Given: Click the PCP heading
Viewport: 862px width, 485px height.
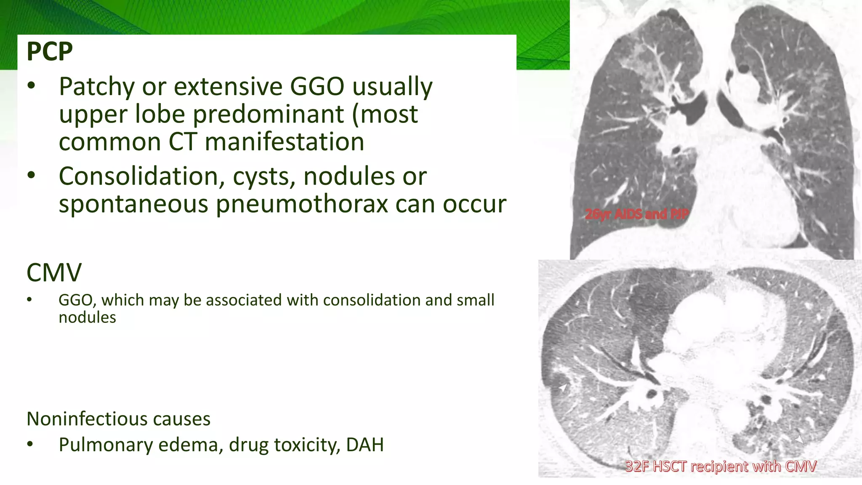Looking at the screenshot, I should click(50, 51).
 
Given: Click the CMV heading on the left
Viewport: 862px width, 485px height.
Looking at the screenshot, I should click(54, 272).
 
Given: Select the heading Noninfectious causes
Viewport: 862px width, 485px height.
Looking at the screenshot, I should click(118, 419).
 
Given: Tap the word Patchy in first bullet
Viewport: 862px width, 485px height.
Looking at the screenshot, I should click(96, 86).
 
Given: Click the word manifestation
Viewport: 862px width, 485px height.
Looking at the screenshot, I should click(284, 142).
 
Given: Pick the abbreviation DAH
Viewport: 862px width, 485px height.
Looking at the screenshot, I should click(364, 445).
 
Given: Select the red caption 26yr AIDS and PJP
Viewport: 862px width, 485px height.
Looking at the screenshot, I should click(636, 214).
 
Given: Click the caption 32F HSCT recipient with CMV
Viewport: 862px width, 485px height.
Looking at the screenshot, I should click(721, 466).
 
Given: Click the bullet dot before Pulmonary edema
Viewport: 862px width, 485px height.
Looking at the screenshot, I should click(30, 444).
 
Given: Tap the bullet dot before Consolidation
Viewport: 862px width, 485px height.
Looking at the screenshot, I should click(31, 175).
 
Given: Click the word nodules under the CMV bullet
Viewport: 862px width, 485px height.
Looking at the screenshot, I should click(87, 317).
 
